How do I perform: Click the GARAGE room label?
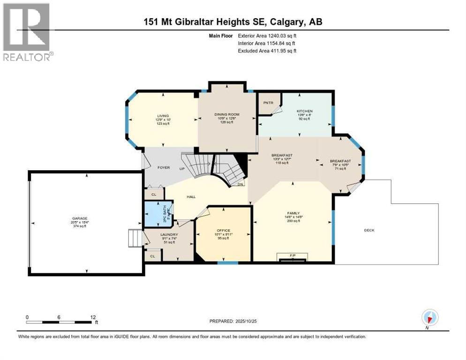(x=79, y=218)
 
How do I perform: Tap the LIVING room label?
(x=163, y=116)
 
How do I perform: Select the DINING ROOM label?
(x=227, y=114)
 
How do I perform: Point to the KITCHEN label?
(x=304, y=112)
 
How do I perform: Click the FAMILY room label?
(x=293, y=213)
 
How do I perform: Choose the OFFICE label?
(x=224, y=230)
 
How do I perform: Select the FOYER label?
(x=163, y=167)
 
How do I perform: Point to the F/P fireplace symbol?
(x=293, y=255)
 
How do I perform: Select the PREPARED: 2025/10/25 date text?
(x=234, y=321)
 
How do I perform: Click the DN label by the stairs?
(x=241, y=184)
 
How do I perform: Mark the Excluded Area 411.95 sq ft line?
(x=267, y=51)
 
